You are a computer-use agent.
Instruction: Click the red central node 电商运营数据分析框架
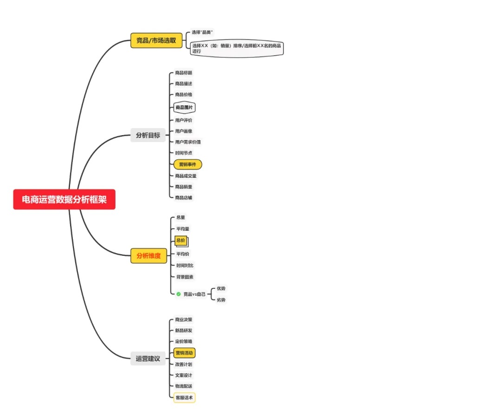[64, 200]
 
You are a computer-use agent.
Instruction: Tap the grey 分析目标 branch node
[148, 135]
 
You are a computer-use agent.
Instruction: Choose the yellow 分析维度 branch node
[148, 255]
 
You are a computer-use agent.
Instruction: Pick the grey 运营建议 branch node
[148, 358]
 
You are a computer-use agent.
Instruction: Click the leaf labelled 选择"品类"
[202, 32]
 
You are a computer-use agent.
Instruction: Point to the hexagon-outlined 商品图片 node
[184, 108]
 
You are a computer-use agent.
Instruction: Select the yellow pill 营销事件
[187, 164]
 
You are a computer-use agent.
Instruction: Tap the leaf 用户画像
[184, 131]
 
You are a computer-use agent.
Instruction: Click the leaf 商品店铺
[184, 198]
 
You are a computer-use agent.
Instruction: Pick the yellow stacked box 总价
[180, 240]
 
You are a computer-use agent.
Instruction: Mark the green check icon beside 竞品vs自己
[179, 294]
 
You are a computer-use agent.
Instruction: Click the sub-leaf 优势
[221, 288]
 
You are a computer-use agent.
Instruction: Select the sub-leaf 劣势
[221, 300]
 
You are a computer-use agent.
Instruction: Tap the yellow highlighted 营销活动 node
[184, 353]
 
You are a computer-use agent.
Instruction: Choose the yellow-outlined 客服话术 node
[184, 398]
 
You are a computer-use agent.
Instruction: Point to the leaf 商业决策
[184, 319]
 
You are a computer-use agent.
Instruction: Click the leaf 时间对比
[185, 266]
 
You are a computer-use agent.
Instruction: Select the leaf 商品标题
[184, 73]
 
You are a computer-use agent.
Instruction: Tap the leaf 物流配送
[184, 386]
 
